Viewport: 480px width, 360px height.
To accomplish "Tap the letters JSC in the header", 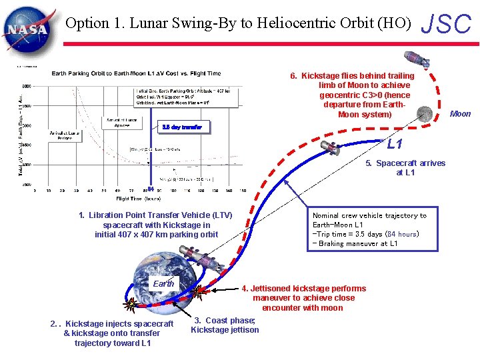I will click(447, 24).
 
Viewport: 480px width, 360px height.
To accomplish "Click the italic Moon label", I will click(460, 113).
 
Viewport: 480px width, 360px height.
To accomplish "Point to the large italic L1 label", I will click(395, 144).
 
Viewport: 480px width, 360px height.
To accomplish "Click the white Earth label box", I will click(163, 283).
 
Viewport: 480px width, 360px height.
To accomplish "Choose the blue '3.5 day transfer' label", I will click(182, 127).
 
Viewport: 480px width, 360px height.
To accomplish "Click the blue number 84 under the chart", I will click(151, 189).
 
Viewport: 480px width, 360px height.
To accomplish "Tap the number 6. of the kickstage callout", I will click(294, 76).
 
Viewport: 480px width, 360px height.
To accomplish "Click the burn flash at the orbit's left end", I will click(132, 305).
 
